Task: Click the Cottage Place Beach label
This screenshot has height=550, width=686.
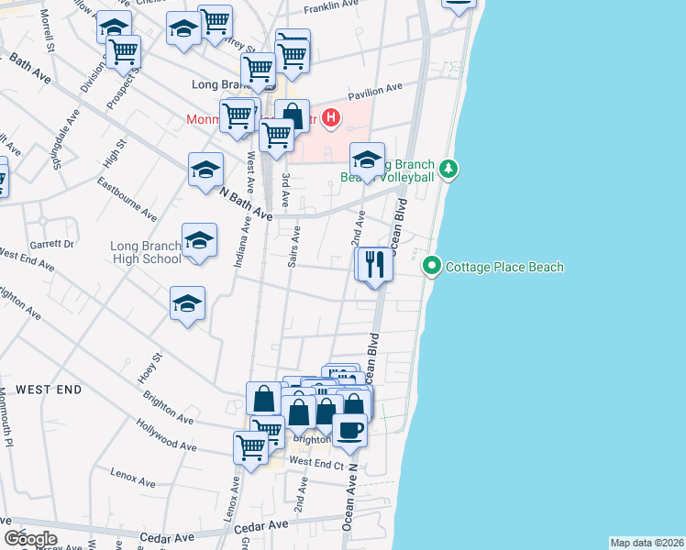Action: (x=504, y=268)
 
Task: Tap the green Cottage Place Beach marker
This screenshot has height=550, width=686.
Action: (x=432, y=268)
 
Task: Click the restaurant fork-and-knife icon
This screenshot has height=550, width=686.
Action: (x=374, y=265)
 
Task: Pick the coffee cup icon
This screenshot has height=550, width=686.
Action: (x=349, y=429)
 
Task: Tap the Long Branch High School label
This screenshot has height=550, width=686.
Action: (x=146, y=252)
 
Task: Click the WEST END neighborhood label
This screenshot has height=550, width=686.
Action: (x=49, y=390)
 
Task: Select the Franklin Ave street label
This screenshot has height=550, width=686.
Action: (x=331, y=5)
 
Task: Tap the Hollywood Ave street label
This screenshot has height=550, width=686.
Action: (x=167, y=434)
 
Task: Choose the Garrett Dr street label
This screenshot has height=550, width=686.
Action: (x=52, y=244)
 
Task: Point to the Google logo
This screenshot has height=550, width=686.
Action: (x=30, y=538)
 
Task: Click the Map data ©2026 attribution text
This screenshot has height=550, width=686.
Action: (x=647, y=543)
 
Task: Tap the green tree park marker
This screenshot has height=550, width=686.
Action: (x=448, y=169)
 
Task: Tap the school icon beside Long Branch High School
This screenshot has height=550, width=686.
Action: (x=199, y=241)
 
